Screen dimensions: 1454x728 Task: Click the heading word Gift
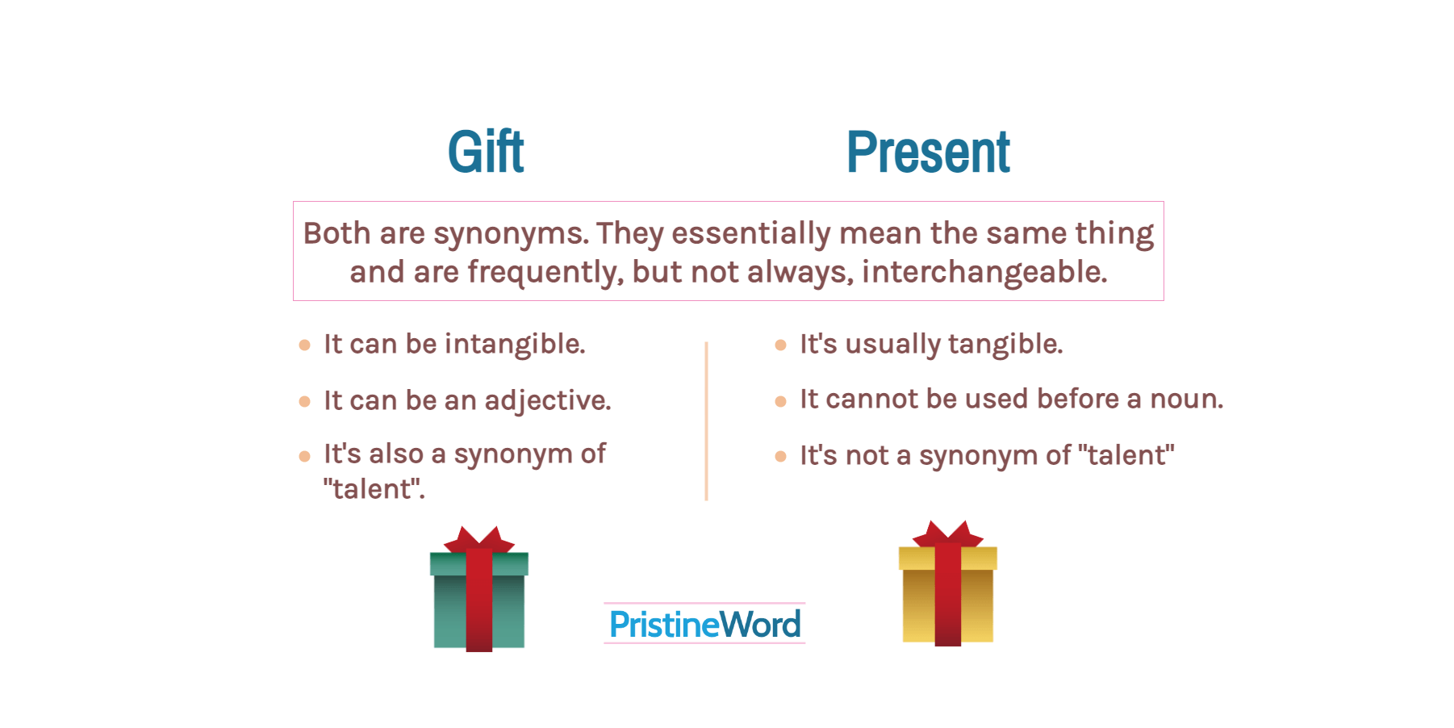(x=486, y=152)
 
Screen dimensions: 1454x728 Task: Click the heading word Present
(x=928, y=152)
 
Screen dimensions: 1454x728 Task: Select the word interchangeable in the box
(x=984, y=273)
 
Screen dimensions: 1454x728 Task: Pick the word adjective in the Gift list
(x=548, y=401)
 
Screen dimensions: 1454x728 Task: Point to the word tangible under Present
(x=1005, y=345)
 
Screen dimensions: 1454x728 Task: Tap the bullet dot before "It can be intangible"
(x=304, y=345)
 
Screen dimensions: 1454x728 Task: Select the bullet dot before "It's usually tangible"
(x=780, y=345)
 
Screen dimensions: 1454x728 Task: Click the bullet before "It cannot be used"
(x=780, y=401)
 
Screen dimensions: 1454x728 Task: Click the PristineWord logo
(x=704, y=624)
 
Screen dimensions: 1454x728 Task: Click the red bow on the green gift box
(x=479, y=539)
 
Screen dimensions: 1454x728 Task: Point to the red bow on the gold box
(x=948, y=533)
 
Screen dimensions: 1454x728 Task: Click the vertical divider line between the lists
(x=706, y=421)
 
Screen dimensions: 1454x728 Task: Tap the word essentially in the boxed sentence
(x=750, y=235)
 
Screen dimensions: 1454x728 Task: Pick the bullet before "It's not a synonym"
(x=780, y=457)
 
